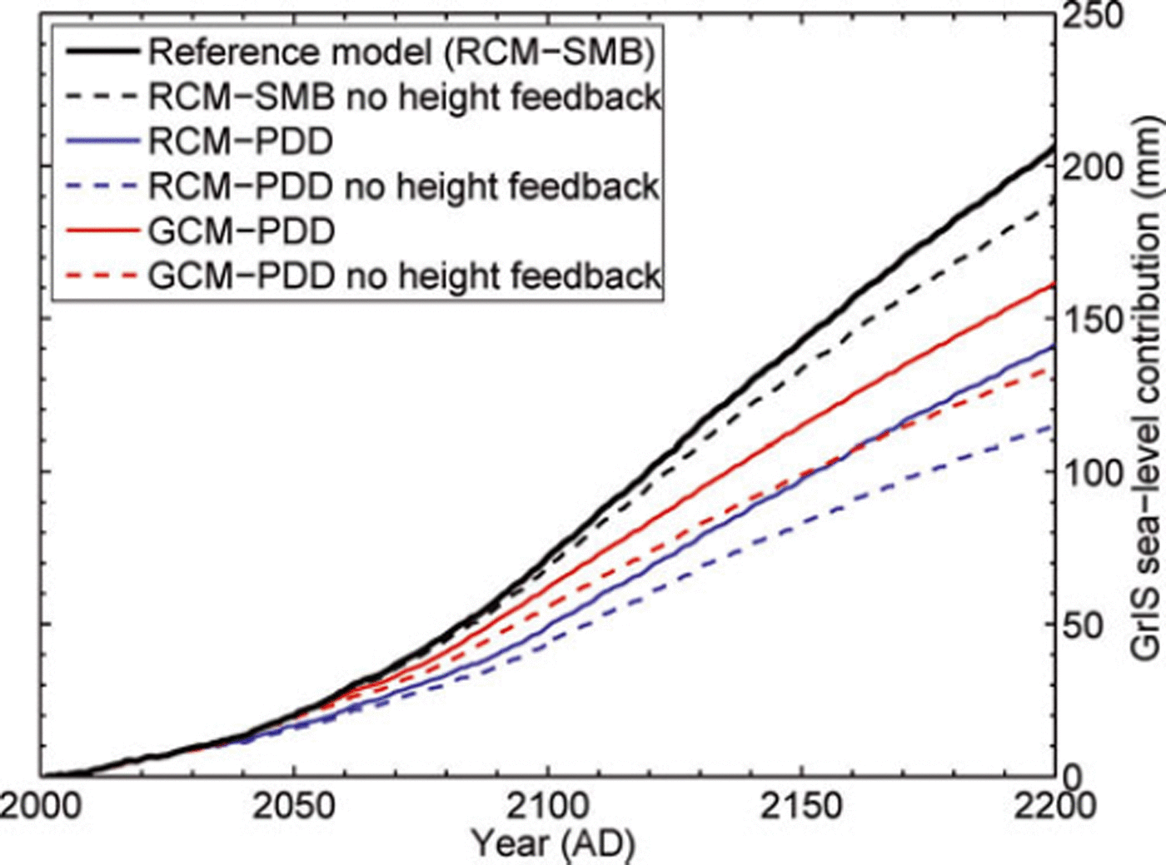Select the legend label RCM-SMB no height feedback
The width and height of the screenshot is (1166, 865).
click(405, 97)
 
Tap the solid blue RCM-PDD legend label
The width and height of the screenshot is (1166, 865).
click(241, 142)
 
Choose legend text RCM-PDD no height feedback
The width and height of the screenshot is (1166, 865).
click(405, 186)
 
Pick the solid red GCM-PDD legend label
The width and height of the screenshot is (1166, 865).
click(242, 231)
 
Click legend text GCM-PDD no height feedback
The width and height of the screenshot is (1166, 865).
click(405, 276)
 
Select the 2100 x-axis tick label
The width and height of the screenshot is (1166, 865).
click(548, 806)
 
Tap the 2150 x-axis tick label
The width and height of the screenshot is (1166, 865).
click(801, 806)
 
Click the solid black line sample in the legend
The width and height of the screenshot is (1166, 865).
click(102, 52)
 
